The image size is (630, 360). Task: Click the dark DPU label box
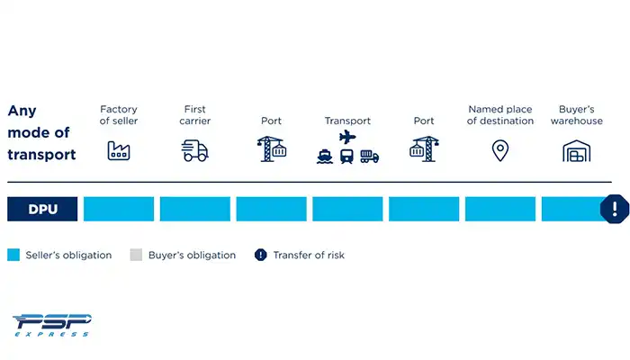pos(42,209)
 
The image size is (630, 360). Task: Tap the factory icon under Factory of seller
pos(119,149)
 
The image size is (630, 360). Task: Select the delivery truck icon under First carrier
pos(194,149)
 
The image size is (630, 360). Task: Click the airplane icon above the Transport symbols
pos(347,137)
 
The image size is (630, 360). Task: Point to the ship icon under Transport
pos(325,157)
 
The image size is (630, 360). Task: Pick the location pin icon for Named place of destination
pos(499,150)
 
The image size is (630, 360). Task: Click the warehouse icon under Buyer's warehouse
pos(576,150)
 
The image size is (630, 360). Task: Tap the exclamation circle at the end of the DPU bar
pos(615,209)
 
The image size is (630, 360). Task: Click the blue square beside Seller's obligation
pos(13,255)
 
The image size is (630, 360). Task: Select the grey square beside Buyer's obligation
pos(136,255)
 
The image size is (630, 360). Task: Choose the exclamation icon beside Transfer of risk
pos(261,255)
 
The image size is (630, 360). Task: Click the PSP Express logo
pos(52,324)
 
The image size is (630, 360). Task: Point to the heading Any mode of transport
pos(41,132)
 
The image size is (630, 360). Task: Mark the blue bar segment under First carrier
pos(195,209)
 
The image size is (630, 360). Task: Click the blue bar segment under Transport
pos(347,209)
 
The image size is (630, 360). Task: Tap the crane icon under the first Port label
pos(271,148)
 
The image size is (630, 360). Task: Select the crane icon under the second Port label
pos(423,148)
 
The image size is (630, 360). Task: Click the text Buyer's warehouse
pos(576,115)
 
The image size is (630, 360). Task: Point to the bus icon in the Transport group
pos(346,157)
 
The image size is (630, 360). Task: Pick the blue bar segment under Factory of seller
pos(119,209)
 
